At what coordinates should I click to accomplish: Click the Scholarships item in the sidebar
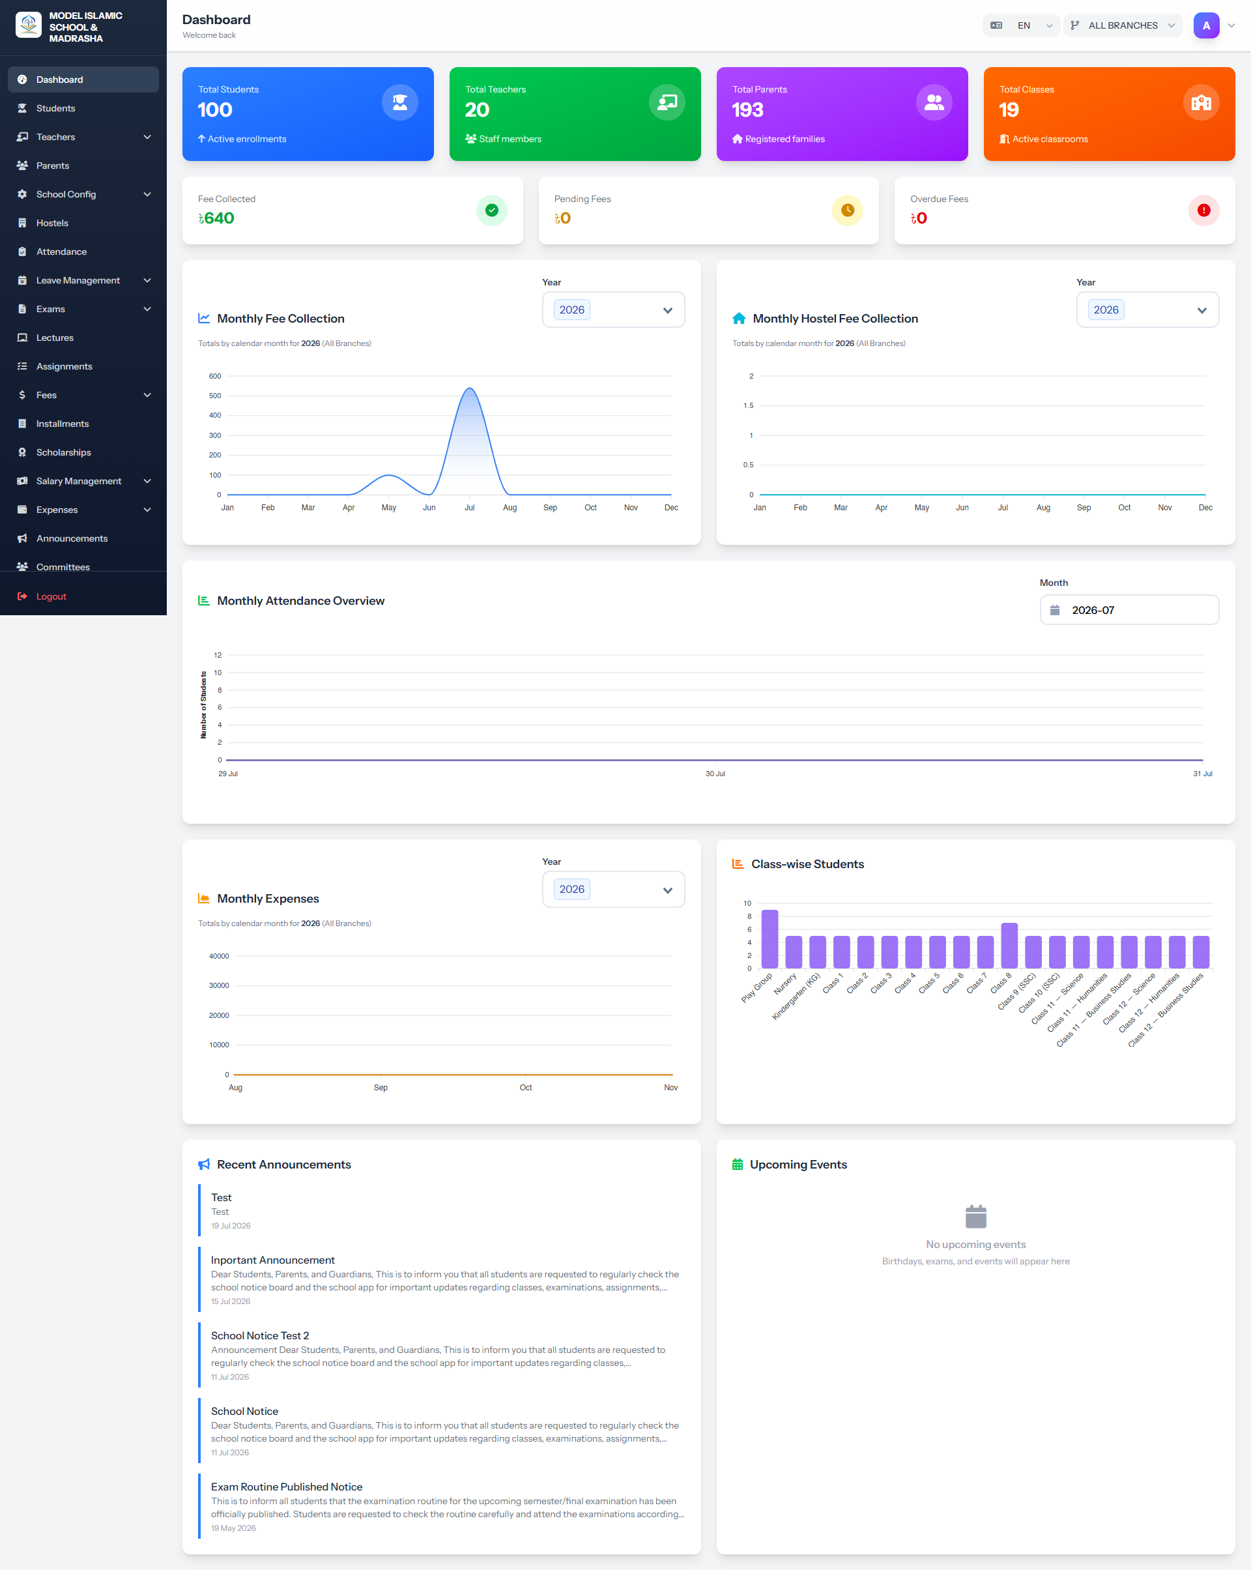(x=63, y=452)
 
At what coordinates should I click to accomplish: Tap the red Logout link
(x=51, y=596)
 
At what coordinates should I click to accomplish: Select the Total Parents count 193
(x=747, y=110)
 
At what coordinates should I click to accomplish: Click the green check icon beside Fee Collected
(x=491, y=211)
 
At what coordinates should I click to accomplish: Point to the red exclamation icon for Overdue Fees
(x=1203, y=211)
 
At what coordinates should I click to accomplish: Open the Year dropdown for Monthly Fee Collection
(x=613, y=310)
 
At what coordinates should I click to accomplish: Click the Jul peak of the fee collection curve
(x=470, y=389)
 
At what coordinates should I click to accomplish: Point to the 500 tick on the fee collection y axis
(x=215, y=396)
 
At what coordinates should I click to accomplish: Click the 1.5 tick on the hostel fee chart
(x=749, y=405)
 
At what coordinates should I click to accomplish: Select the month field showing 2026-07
(x=1129, y=610)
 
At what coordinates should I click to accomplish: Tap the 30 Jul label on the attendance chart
(x=715, y=774)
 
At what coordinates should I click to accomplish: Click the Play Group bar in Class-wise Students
(x=769, y=939)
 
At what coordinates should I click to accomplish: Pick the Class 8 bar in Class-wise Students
(x=1009, y=946)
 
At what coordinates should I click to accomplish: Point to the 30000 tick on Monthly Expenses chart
(x=219, y=986)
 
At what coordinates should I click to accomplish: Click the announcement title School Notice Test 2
(x=260, y=1335)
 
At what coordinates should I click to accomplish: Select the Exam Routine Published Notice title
(x=287, y=1487)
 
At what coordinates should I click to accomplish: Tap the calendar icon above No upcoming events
(x=976, y=1216)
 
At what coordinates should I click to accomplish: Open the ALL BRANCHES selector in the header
(x=1122, y=25)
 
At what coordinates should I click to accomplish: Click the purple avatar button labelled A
(x=1206, y=25)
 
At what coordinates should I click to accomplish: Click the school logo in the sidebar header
(x=29, y=25)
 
